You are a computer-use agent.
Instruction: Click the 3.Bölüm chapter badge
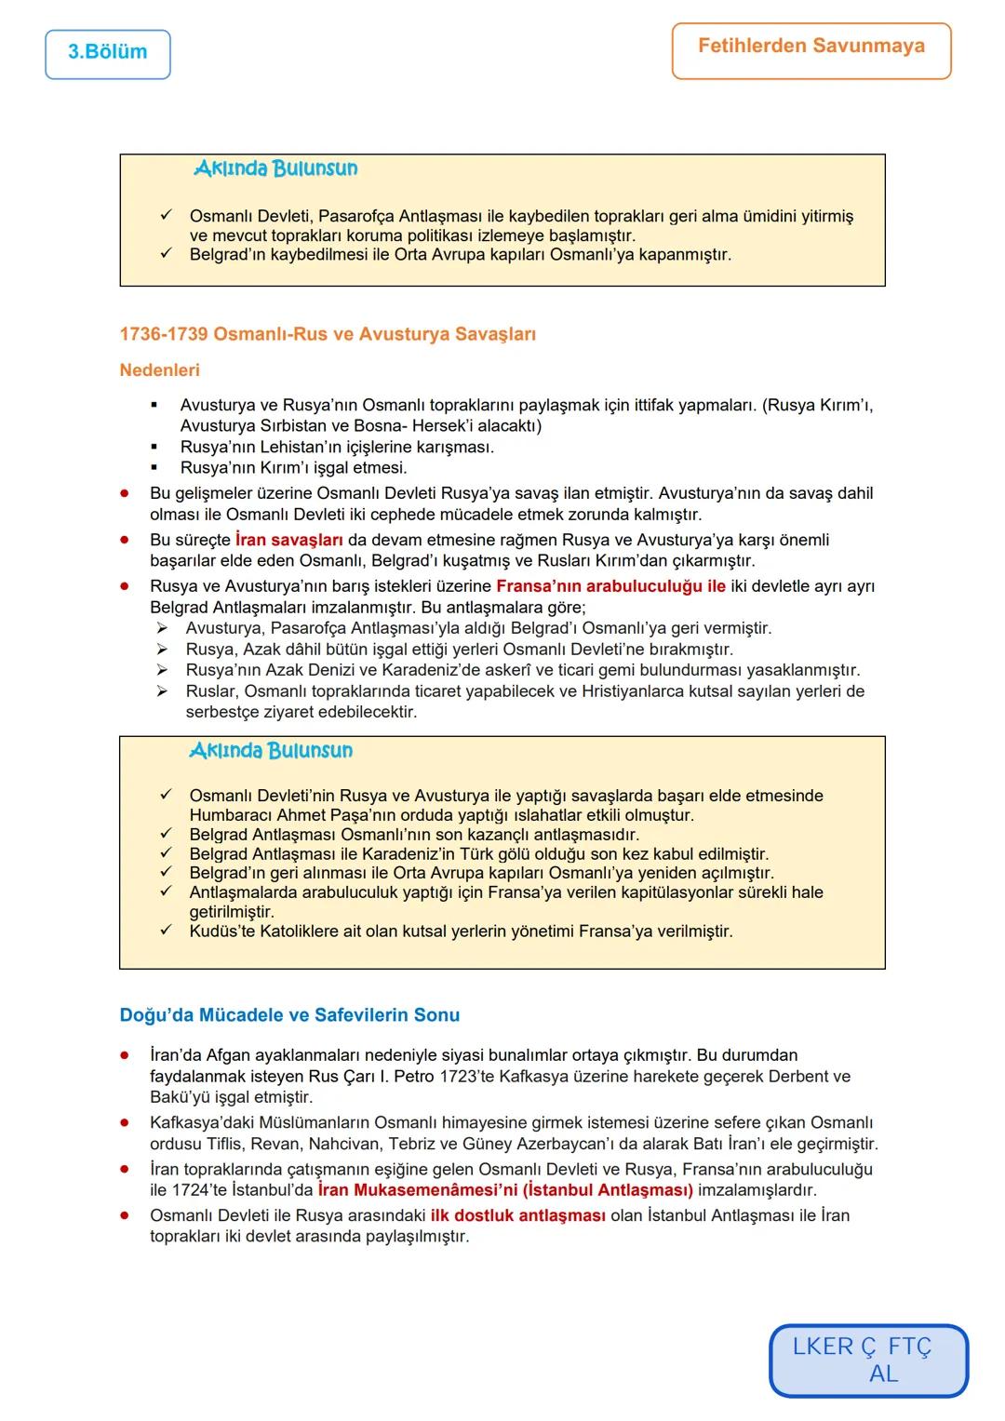[107, 53]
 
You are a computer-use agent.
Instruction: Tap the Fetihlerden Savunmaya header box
[811, 47]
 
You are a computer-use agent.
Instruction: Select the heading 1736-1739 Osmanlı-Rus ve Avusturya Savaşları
[328, 334]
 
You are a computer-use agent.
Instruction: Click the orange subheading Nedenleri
[159, 370]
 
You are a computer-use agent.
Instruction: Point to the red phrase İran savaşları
[288, 540]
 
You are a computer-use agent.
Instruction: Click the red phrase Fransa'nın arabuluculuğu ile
[610, 586]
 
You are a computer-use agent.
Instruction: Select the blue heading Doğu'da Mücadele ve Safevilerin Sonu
[289, 1015]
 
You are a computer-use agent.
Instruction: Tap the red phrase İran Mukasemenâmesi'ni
[417, 1190]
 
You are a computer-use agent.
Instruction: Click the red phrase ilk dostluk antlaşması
[517, 1215]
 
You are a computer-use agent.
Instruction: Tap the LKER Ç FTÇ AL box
[868, 1360]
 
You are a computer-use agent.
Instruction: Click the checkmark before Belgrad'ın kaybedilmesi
[166, 253]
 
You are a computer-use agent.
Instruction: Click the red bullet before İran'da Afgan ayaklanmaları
[124, 1055]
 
